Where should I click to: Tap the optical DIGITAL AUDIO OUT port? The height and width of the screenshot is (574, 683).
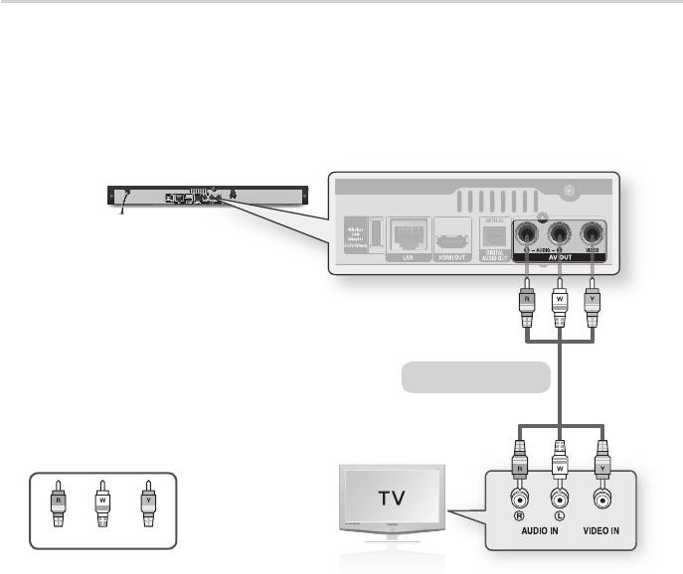(494, 236)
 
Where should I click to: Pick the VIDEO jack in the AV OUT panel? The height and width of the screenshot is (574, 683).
(594, 234)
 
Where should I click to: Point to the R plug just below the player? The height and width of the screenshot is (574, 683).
(526, 298)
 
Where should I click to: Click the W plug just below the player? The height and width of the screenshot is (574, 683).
(559, 298)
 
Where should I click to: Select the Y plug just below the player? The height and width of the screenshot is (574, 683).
(593, 298)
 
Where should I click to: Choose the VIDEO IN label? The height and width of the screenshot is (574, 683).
(600, 530)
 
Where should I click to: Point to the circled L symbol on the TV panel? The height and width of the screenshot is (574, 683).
(560, 515)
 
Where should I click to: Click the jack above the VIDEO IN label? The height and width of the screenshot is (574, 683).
(600, 496)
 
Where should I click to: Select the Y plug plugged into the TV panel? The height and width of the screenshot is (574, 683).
(600, 465)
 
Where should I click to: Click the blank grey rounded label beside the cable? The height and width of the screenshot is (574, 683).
(475, 377)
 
